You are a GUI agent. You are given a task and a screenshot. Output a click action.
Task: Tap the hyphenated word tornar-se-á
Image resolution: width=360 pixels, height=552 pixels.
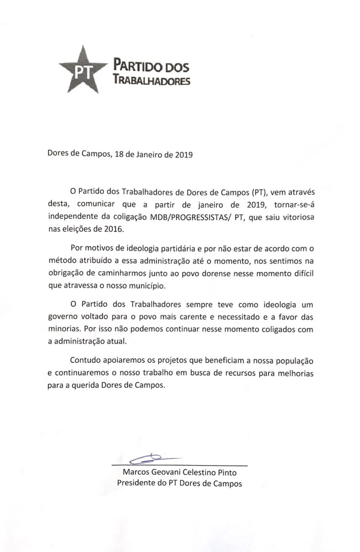click(x=294, y=205)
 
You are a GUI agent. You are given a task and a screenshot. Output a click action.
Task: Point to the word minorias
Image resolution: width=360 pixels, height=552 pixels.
click(x=64, y=329)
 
